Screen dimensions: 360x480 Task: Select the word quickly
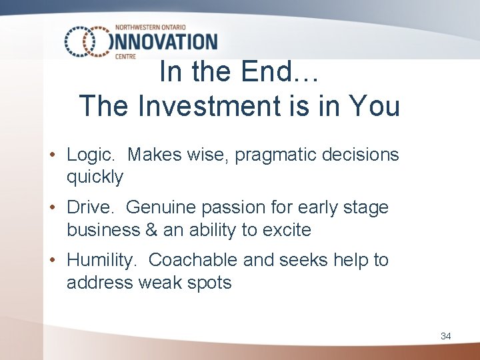pyautogui.click(x=95, y=177)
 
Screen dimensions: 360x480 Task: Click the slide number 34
pyautogui.click(x=445, y=336)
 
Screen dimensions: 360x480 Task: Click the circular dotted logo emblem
pyautogui.click(x=86, y=41)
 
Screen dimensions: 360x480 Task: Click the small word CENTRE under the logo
pyautogui.click(x=125, y=57)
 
